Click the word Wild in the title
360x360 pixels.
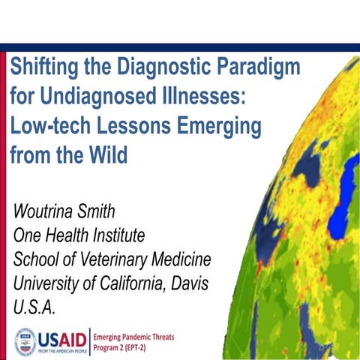coord(107,156)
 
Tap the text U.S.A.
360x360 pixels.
coord(32,307)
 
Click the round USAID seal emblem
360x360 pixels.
coord(25,340)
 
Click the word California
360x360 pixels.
coord(121,283)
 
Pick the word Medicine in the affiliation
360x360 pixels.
coord(184,259)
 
